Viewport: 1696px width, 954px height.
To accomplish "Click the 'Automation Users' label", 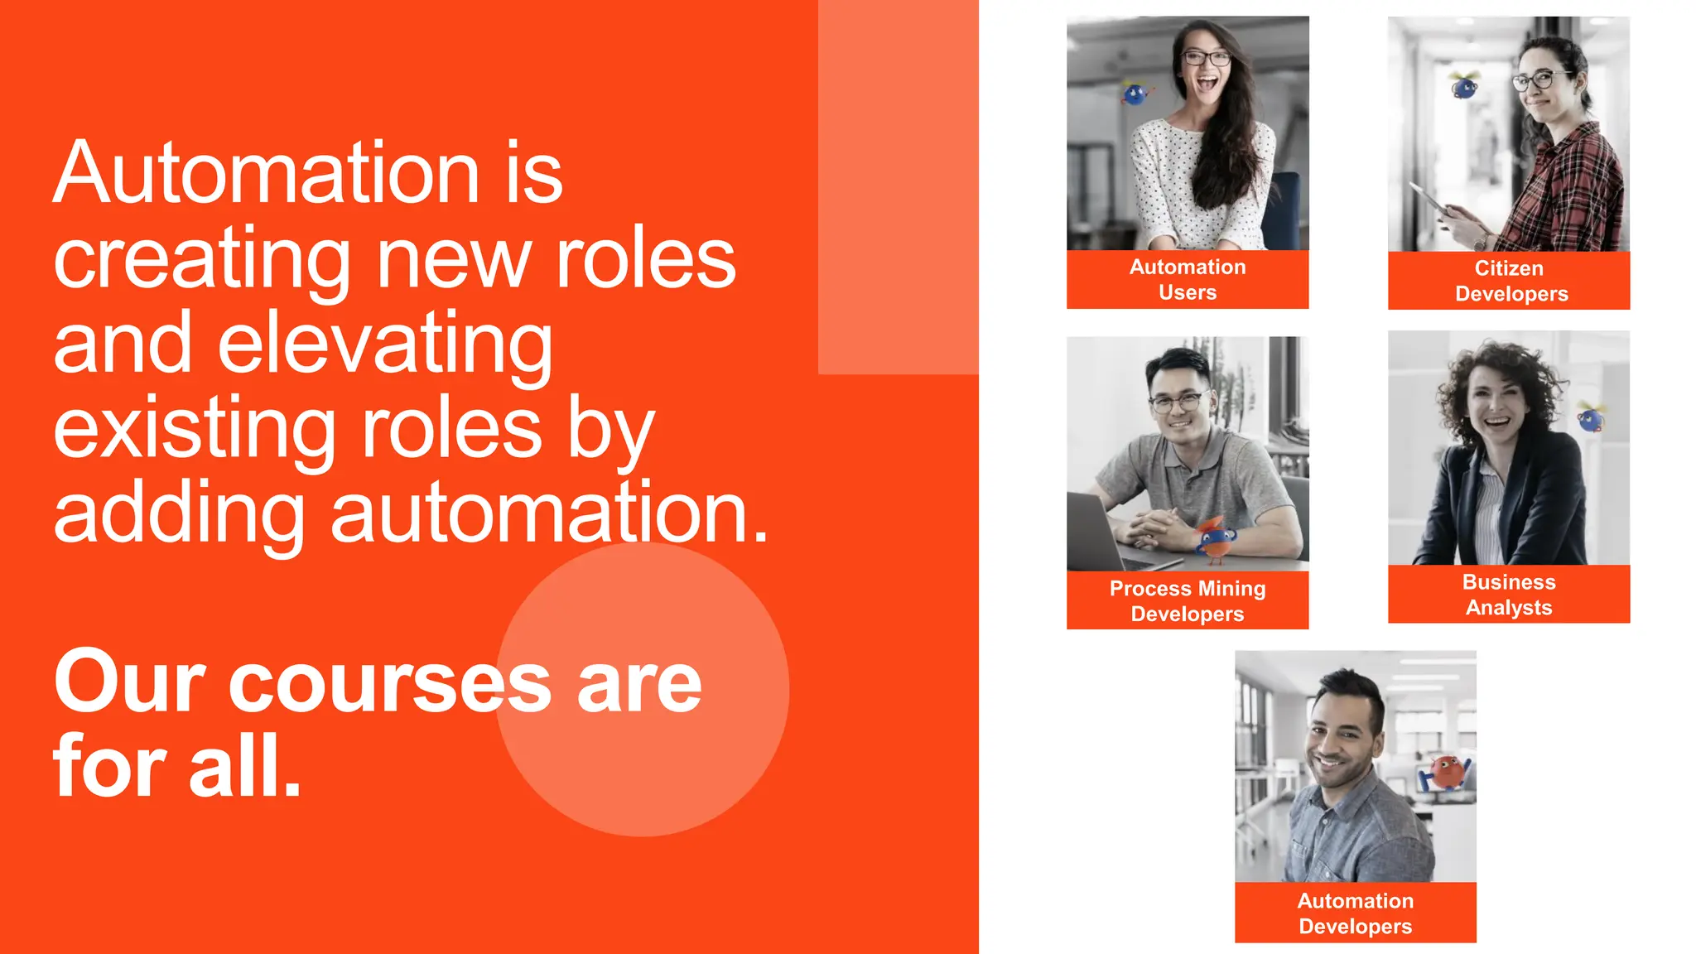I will pyautogui.click(x=1187, y=280).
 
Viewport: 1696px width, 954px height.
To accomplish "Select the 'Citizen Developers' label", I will pyautogui.click(x=1510, y=281).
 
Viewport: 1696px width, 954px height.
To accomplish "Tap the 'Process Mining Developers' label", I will pyautogui.click(x=1187, y=600).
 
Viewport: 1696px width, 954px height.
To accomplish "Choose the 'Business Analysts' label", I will pyautogui.click(x=1508, y=595).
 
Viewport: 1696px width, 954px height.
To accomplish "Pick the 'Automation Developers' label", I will pyautogui.click(x=1355, y=913).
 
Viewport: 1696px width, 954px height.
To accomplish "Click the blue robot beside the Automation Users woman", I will pyautogui.click(x=1137, y=94).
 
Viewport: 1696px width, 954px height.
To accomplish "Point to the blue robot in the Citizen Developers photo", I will pyautogui.click(x=1464, y=85).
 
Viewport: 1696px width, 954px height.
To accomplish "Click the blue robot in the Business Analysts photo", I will pyautogui.click(x=1591, y=418).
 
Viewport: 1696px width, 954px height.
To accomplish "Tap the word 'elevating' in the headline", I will pyautogui.click(x=384, y=344).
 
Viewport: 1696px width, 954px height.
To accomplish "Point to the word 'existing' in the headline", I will pyautogui.click(x=195, y=429).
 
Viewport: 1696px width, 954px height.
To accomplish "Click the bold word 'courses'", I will pyautogui.click(x=389, y=683).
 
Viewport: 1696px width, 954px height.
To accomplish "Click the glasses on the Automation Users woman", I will pyautogui.click(x=1206, y=58).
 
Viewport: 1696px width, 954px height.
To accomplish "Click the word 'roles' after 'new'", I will pyautogui.click(x=645, y=259).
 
